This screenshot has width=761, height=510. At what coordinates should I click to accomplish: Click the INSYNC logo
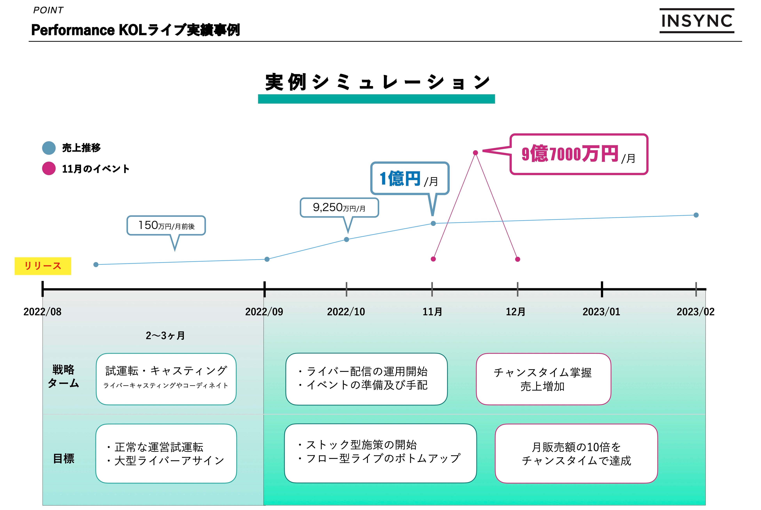pos(697,21)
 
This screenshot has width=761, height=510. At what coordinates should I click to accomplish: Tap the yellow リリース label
pos(43,266)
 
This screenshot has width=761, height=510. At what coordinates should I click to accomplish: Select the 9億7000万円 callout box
pos(579,154)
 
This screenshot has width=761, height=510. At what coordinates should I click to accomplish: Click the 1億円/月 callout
pos(410,179)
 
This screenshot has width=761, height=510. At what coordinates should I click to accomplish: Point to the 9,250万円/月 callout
pos(339,207)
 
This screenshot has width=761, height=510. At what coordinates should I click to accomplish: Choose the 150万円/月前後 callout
pos(166,225)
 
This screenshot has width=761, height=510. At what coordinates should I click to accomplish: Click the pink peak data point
pos(475,152)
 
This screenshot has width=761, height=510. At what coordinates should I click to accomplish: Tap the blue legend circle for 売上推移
pos(49,148)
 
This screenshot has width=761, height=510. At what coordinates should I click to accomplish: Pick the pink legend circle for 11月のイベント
pos(49,168)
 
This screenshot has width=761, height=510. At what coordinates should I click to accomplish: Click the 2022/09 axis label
pos(264,312)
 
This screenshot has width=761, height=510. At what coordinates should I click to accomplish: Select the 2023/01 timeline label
pos(601,312)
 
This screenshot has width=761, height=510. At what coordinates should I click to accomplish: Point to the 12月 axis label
pos(515,312)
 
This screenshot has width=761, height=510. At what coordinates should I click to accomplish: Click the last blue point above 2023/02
pos(696,215)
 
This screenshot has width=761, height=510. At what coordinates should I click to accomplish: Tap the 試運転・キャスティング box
pos(166,379)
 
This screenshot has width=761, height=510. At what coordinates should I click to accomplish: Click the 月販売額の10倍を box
pos(576,453)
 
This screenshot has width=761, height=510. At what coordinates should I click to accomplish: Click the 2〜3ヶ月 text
pos(165,335)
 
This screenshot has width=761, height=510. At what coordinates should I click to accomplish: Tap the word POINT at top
pos(48,10)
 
